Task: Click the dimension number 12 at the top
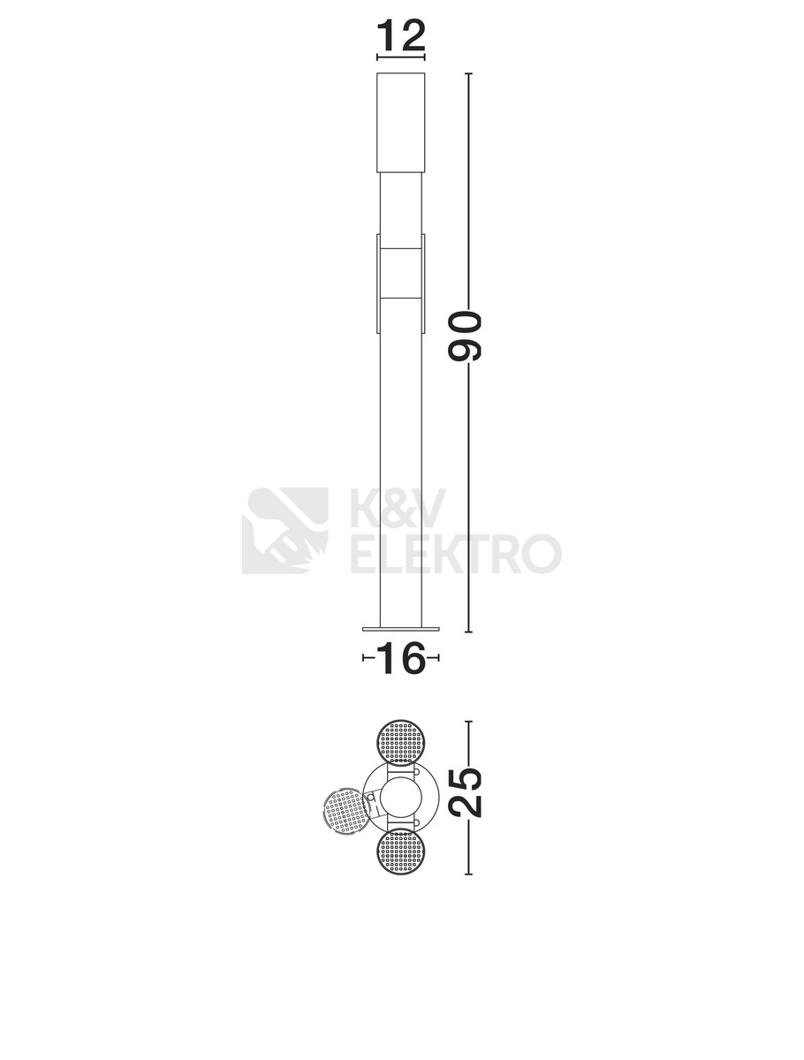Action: click(x=400, y=35)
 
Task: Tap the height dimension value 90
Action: click(x=465, y=337)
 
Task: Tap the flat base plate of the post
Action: click(x=401, y=629)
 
